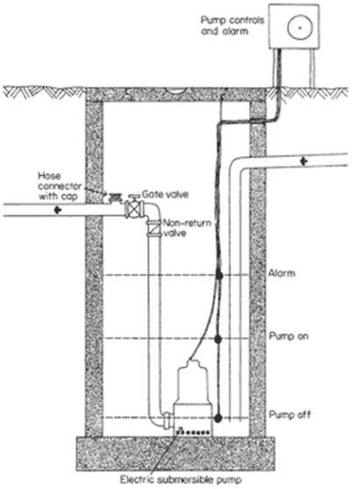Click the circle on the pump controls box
(299, 27)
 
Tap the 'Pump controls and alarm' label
(233, 25)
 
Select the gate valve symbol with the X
(134, 209)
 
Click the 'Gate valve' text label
(165, 194)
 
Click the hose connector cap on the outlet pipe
(114, 198)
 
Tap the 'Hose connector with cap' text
(59, 186)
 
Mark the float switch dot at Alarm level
(220, 276)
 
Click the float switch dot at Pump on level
(219, 339)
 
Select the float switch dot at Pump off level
(218, 418)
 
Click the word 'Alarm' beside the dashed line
(282, 273)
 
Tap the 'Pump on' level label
(289, 336)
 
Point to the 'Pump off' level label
(290, 414)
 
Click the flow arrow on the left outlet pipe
(57, 210)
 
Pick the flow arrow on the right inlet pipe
(304, 162)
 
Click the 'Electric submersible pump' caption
(181, 479)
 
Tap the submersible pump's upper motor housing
(192, 382)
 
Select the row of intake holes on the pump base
(193, 433)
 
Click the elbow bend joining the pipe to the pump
(155, 421)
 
